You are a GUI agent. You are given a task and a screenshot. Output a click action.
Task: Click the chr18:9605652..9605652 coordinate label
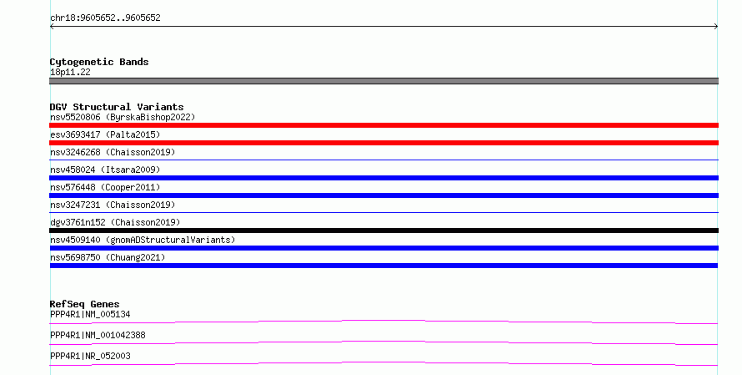coord(105,18)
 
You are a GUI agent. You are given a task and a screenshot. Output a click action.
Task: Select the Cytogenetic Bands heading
coord(99,62)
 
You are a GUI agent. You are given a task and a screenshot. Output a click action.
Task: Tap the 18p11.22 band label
coord(70,72)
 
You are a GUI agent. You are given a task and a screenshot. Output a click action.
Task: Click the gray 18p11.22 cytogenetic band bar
coord(384,81)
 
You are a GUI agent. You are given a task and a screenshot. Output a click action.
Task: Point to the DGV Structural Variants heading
coord(117,107)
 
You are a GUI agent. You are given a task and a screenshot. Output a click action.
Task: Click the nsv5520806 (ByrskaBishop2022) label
coord(123,117)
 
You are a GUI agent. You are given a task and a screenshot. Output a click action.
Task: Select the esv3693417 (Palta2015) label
coord(105,134)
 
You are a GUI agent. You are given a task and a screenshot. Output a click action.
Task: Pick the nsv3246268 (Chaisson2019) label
coord(113,152)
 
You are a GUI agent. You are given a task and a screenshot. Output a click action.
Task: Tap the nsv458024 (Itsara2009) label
coord(105,170)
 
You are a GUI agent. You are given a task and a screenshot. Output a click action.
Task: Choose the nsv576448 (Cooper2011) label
coord(105,187)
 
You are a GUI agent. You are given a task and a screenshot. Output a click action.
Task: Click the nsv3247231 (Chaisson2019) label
coord(113,205)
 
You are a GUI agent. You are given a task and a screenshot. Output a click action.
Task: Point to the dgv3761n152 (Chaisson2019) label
coord(115,222)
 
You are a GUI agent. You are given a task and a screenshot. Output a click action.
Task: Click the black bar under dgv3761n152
coord(384,231)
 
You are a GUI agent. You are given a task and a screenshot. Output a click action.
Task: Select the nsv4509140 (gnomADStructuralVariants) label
coord(143,240)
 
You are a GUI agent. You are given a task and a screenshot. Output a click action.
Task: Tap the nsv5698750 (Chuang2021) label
coord(108,257)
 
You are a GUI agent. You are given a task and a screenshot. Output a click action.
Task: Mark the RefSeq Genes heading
coord(85,304)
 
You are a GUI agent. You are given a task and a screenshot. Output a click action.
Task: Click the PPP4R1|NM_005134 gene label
coord(90,314)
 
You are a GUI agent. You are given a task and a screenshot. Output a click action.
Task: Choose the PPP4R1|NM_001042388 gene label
coord(98,335)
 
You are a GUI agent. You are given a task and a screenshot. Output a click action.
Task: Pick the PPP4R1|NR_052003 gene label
coord(90,356)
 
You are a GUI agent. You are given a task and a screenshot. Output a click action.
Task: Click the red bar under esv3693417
coord(384,143)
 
